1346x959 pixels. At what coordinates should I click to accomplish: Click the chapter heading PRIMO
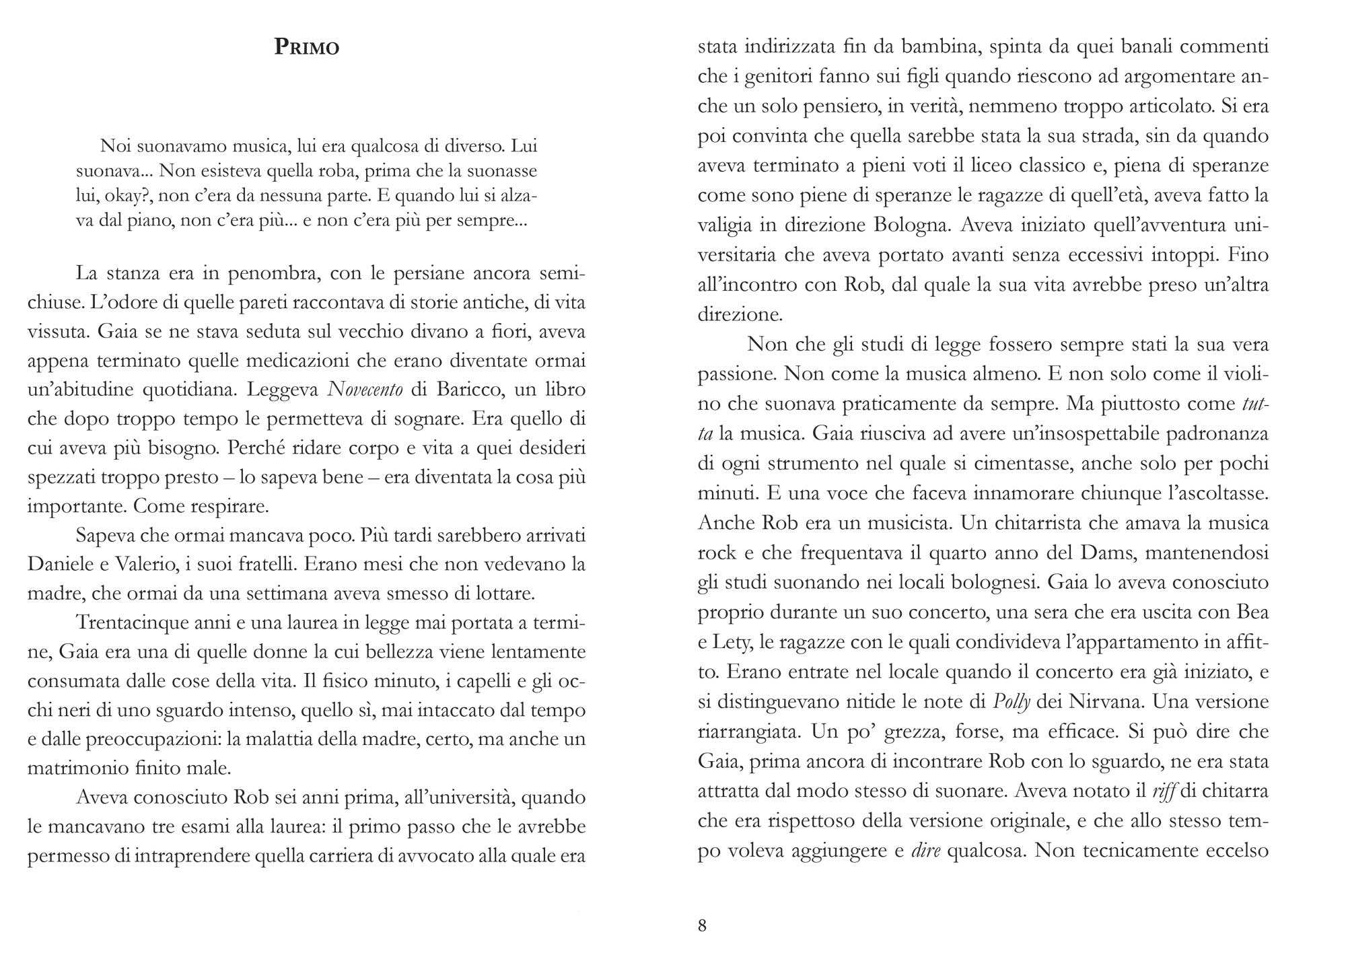pyautogui.click(x=307, y=47)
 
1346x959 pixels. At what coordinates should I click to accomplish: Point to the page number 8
pyautogui.click(x=703, y=926)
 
